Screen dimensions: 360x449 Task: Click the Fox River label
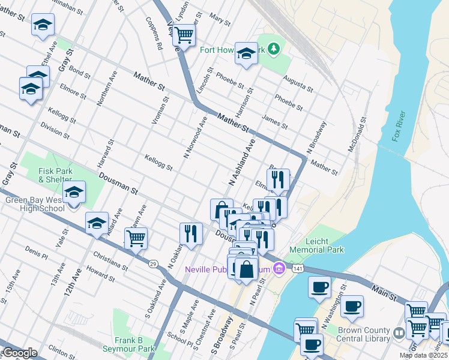[x=399, y=126]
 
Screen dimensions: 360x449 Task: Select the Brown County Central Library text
[x=364, y=334]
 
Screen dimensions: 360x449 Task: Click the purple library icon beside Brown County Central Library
[x=399, y=332]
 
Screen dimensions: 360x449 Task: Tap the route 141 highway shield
[x=298, y=269]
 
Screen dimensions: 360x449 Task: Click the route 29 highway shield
[x=154, y=263]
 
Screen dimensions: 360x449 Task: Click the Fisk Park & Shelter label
[x=55, y=175]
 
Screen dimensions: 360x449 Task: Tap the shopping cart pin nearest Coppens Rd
[x=184, y=35]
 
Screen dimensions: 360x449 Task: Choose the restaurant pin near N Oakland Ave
[x=191, y=233]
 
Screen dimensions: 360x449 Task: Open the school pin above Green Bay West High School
[x=74, y=192]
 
